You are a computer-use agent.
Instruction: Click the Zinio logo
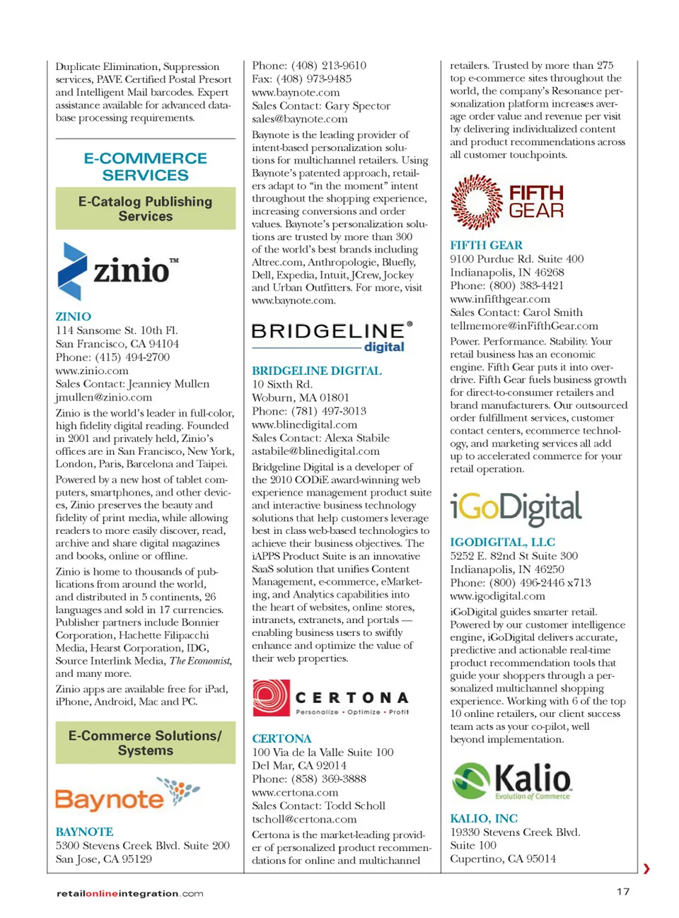click(x=117, y=271)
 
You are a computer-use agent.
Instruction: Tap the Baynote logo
click(x=128, y=796)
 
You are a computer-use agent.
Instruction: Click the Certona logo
click(x=331, y=699)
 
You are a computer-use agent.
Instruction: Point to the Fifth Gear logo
click(x=507, y=202)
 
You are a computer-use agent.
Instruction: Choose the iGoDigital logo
click(x=516, y=509)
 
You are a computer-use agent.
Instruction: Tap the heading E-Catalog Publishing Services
click(x=146, y=209)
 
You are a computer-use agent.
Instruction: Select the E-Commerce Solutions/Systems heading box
click(x=146, y=743)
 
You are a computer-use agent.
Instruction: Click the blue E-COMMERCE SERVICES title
click(x=146, y=166)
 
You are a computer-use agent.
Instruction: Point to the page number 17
click(x=622, y=891)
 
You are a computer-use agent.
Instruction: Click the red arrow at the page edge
click(x=646, y=868)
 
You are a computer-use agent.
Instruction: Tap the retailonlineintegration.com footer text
click(x=129, y=893)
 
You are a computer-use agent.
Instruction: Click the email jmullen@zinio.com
click(x=104, y=397)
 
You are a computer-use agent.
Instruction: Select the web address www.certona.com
click(x=295, y=792)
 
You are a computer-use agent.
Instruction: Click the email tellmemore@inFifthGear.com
click(x=524, y=326)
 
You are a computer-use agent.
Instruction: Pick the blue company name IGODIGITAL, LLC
click(x=502, y=542)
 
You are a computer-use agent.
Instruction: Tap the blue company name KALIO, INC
click(x=484, y=818)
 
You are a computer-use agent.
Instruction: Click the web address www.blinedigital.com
click(x=305, y=424)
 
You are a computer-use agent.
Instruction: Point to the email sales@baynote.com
click(x=300, y=119)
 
